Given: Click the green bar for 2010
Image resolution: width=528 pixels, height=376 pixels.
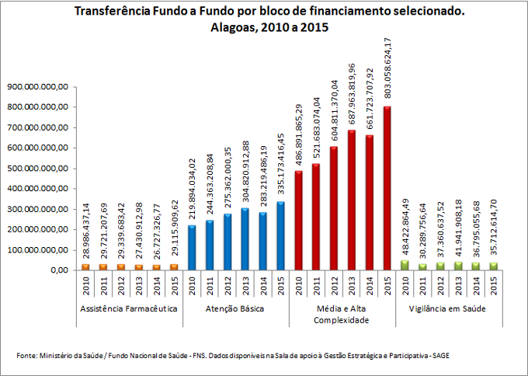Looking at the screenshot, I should tap(405, 265).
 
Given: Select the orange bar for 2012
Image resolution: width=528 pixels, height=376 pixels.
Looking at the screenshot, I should tap(121, 266).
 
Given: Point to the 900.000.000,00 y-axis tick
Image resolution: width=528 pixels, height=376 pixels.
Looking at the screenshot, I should tap(37, 86).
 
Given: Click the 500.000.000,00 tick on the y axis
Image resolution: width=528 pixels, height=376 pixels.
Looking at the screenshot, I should tap(37, 169).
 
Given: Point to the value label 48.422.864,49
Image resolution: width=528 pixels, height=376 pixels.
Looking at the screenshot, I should tap(405, 229).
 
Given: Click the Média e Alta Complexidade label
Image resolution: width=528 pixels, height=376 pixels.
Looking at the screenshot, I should tap(342, 314).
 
